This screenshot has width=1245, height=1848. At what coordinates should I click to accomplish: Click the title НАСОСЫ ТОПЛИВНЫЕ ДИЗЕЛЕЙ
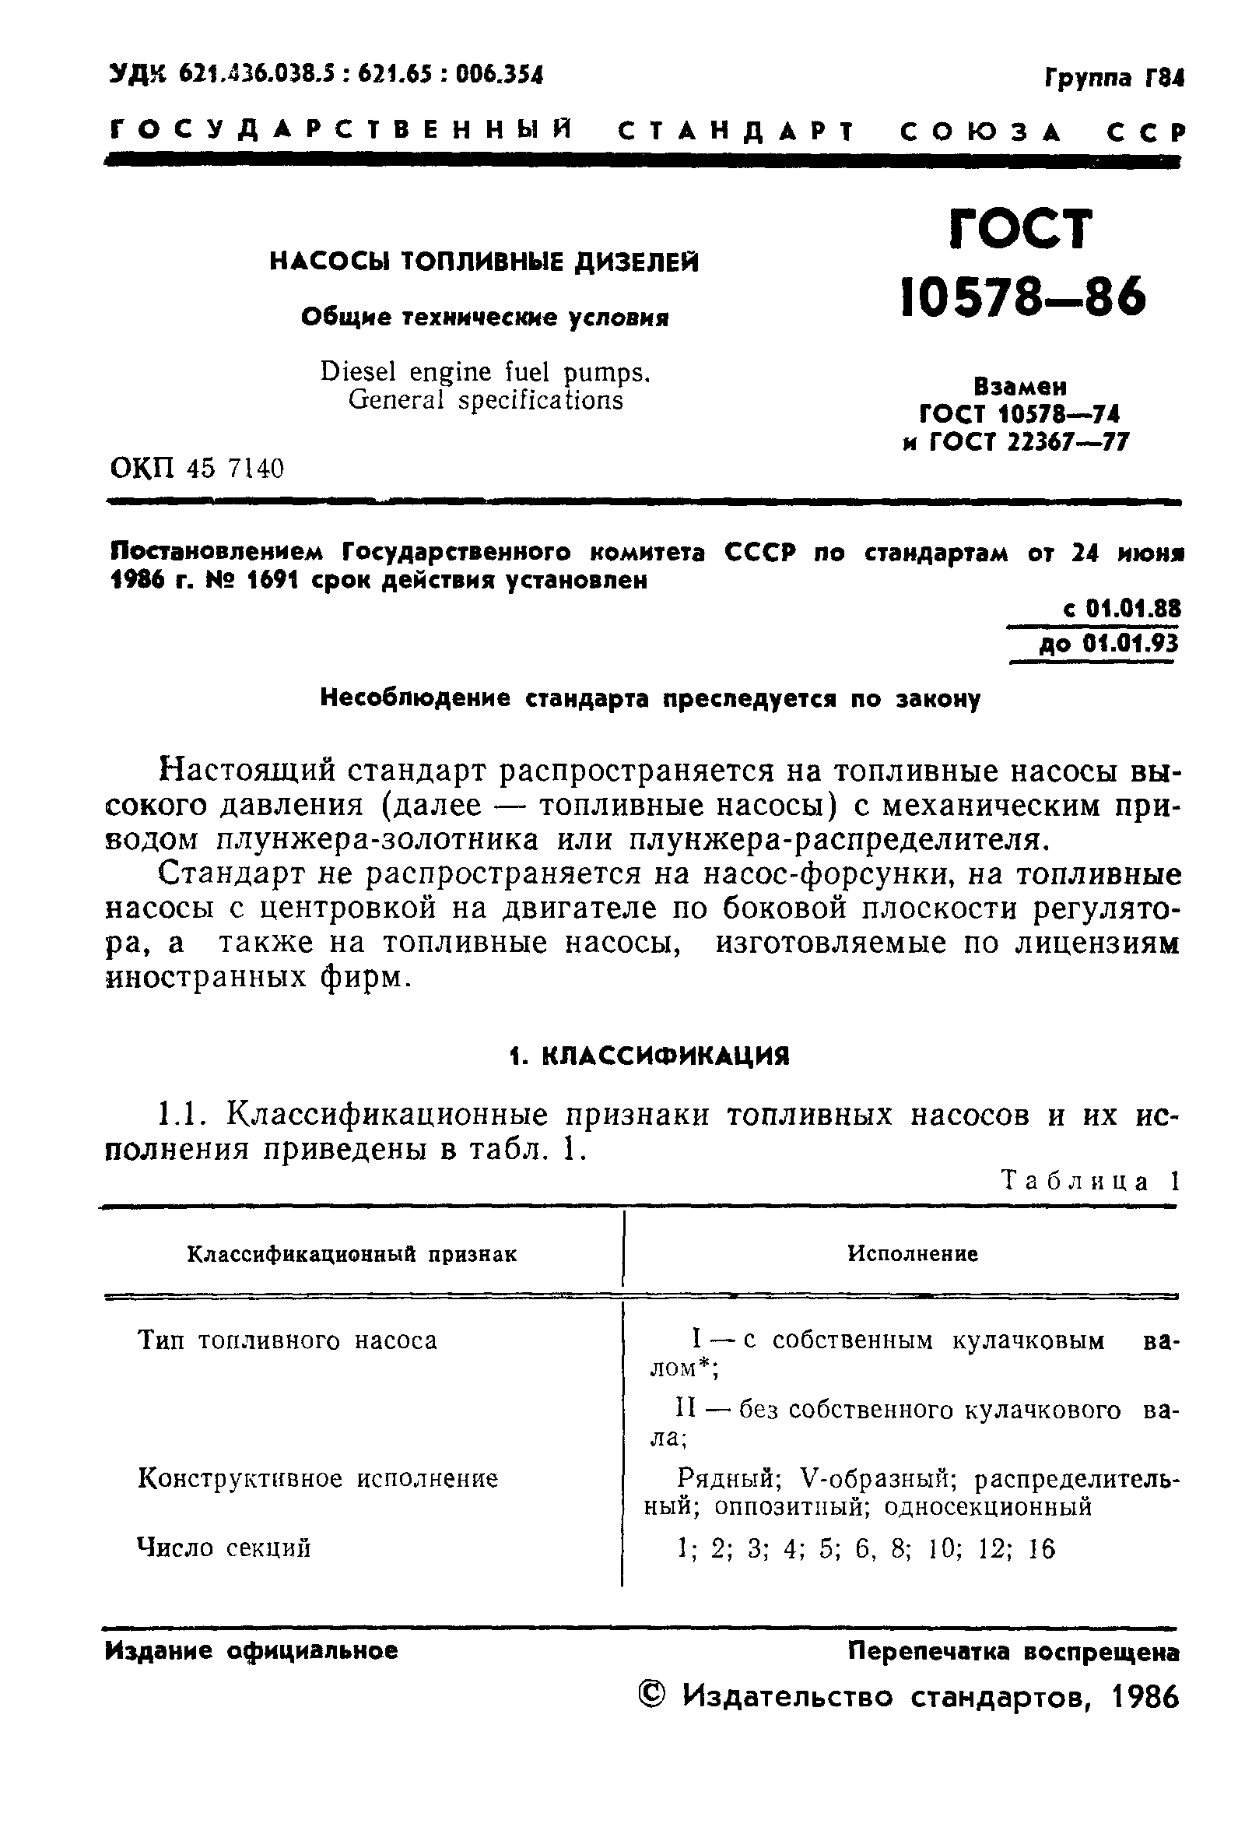(484, 262)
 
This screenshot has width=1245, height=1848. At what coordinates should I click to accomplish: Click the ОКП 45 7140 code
(196, 469)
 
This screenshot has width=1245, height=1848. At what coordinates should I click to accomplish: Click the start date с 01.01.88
(1120, 609)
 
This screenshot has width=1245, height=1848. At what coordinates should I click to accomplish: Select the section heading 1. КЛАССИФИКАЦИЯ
(649, 1056)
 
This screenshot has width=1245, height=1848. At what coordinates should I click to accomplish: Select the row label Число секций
(224, 1548)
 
